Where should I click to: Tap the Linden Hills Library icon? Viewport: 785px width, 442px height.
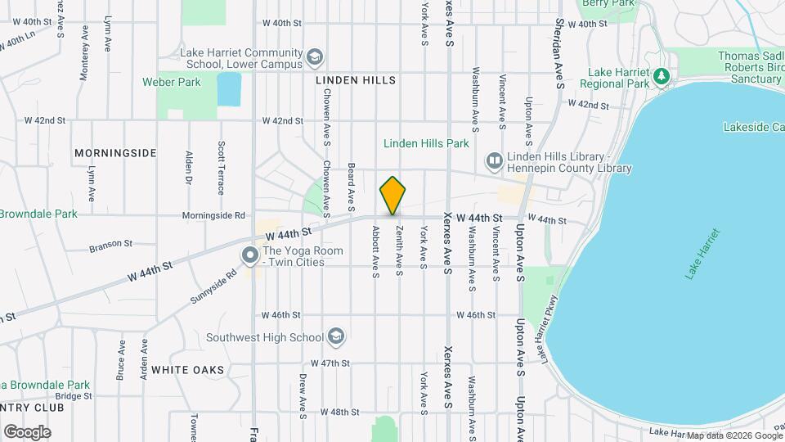pos(494,161)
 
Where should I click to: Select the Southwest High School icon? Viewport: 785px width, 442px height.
pos(334,336)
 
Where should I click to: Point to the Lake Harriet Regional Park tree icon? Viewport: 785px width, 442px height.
pos(662,76)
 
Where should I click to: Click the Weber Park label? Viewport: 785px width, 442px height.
pos(172,82)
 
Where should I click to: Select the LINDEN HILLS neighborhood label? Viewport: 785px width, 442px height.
pos(356,80)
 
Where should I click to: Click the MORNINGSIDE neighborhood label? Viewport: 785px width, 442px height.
pos(115,153)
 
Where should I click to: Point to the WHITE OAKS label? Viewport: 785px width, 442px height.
pos(187,370)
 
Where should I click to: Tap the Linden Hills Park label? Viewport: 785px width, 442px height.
pos(426,143)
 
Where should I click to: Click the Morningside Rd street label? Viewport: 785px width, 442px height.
pos(213,216)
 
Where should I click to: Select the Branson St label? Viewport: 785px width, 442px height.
pos(110,243)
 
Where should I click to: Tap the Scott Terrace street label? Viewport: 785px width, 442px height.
pos(221,168)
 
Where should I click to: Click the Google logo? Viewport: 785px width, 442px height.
pos(27,431)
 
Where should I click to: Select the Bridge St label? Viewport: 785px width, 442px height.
pos(74,395)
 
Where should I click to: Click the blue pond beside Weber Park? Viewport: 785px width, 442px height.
pos(230,89)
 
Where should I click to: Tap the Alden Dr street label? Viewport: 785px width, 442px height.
pos(189,167)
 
